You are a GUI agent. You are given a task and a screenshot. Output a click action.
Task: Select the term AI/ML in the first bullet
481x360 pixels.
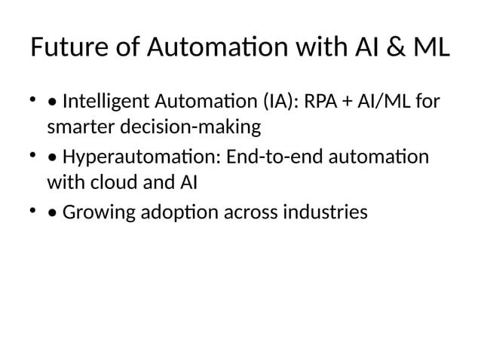379,102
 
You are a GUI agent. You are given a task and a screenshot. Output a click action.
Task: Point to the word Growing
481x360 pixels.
96,213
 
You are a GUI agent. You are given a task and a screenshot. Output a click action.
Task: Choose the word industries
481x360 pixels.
329,213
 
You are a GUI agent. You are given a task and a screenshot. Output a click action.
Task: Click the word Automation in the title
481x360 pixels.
214,50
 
